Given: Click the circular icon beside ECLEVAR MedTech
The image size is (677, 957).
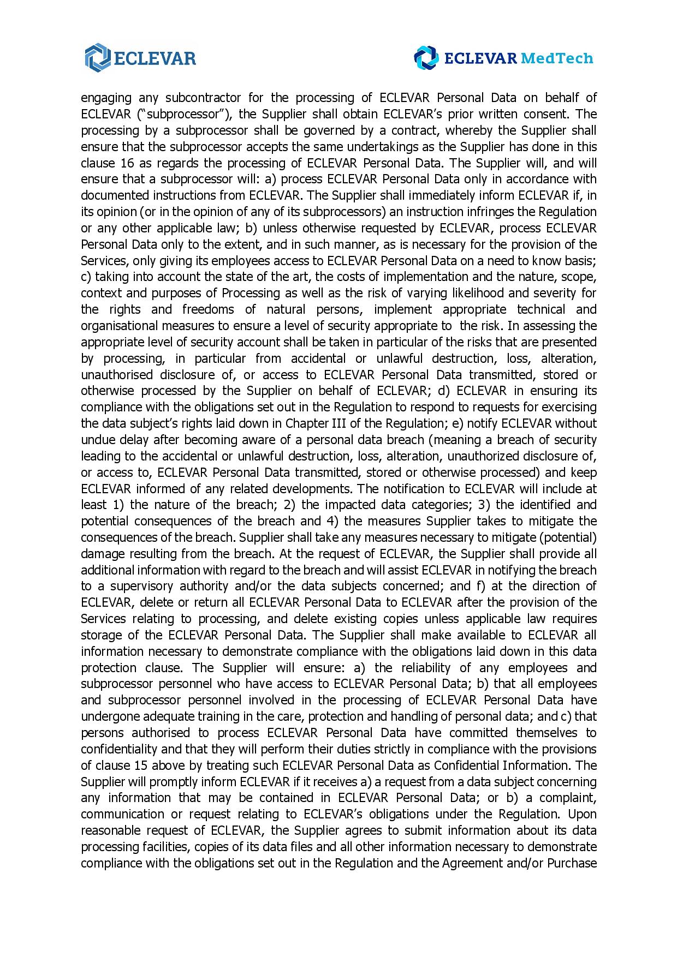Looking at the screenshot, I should (426, 58).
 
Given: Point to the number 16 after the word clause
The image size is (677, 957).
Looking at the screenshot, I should (124, 163).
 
